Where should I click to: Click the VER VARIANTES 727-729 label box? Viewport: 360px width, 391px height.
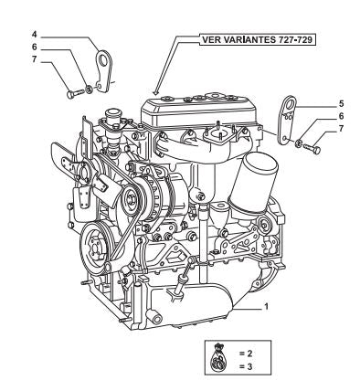point(258,39)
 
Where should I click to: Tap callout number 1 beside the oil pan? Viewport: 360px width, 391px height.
point(267,306)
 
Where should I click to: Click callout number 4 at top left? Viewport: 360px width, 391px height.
point(35,35)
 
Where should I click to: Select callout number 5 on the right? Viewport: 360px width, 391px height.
point(341,104)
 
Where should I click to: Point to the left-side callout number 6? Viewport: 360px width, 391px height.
point(35,48)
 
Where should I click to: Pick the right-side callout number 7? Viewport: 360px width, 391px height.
point(341,129)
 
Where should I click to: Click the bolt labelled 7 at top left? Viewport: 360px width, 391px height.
point(75,93)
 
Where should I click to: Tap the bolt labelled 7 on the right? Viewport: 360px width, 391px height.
point(312,149)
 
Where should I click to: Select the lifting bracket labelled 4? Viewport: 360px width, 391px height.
point(104,70)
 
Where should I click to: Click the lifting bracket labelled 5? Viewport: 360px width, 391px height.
point(286,121)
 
